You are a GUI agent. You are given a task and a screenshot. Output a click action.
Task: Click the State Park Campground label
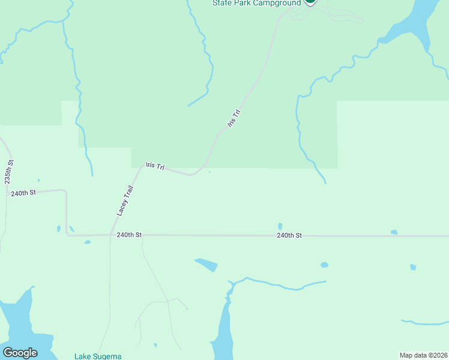pos(256,3)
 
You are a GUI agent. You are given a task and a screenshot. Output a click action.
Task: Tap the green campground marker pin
pos(310,1)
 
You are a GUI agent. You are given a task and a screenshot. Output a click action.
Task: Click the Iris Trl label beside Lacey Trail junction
pos(155,166)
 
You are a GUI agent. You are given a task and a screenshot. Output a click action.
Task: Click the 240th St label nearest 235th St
pos(23,193)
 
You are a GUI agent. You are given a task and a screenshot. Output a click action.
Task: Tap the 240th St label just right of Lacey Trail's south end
pos(129,235)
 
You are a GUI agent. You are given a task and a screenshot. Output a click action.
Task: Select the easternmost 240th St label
pos(289,236)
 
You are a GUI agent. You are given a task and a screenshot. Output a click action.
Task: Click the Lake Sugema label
pos(98,356)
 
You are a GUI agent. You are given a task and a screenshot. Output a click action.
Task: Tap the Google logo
pos(20,353)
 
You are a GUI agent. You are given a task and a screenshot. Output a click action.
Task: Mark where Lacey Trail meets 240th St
pos(110,235)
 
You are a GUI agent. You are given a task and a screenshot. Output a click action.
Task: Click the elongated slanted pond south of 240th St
pos(206,264)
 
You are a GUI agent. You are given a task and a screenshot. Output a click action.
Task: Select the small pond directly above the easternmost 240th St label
pos(280,226)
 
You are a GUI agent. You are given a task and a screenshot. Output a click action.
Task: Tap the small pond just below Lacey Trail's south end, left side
pos(88,242)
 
